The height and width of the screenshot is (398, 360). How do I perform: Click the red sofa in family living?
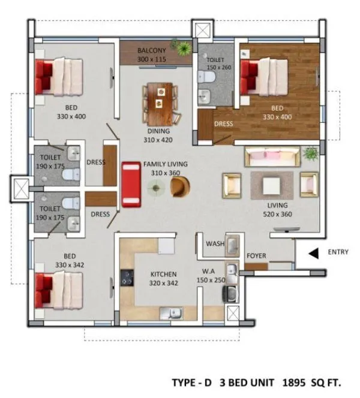point(130,184)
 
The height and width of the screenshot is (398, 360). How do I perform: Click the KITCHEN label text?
point(164,274)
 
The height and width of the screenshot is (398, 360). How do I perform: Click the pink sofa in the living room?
point(272,158)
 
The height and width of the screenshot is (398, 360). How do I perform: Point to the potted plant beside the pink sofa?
point(310,154)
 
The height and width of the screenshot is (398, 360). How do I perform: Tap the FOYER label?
point(256,256)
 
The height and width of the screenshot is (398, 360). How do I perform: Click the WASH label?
point(215,244)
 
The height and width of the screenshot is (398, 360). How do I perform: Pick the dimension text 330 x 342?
point(70,264)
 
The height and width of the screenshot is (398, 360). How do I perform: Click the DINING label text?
point(158,131)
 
